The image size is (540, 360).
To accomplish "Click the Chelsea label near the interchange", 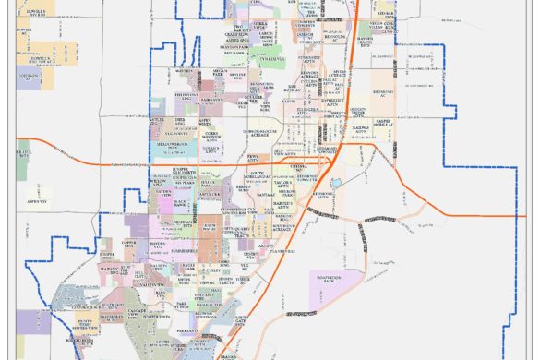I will coord(298,167).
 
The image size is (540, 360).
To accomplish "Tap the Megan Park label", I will coord(220,71).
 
